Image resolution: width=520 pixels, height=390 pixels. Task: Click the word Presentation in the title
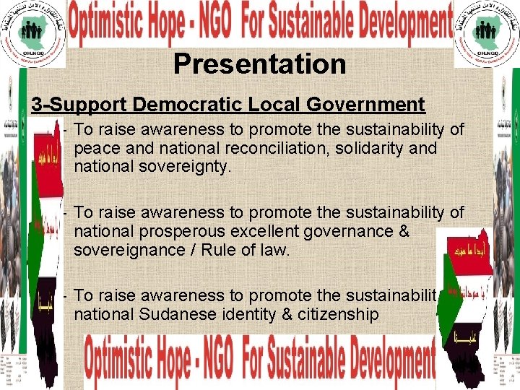click(x=259, y=64)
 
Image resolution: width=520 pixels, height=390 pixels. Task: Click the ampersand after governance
click(x=403, y=232)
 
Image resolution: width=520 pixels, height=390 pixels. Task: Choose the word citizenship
click(x=335, y=315)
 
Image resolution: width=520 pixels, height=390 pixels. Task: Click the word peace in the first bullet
click(x=96, y=148)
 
